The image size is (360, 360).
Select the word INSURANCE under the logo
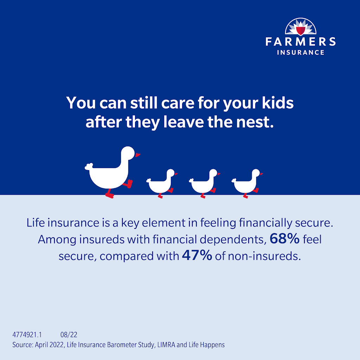301,52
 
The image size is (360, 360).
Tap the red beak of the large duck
138,154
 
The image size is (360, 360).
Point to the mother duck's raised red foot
129,184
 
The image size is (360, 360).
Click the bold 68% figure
284,239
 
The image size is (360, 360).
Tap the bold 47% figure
197,256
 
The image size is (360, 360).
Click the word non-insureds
264,256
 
